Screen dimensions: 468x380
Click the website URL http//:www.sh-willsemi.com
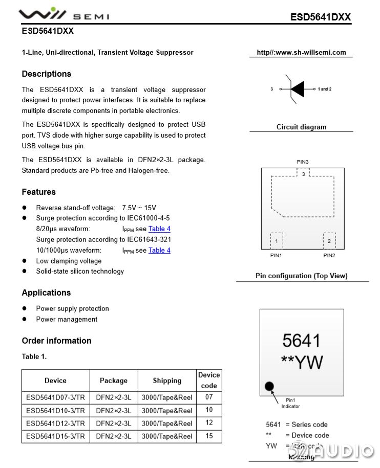click(x=301, y=52)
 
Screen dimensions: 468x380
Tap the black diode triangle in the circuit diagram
click(x=298, y=89)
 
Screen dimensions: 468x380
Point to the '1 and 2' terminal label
click(x=325, y=89)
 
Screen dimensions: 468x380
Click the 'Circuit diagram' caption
click(x=301, y=127)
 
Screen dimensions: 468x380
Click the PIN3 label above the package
click(x=303, y=162)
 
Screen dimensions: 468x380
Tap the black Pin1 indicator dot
click(x=269, y=386)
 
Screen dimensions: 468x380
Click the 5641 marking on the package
click(x=301, y=341)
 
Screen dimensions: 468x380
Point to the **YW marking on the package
click(x=302, y=362)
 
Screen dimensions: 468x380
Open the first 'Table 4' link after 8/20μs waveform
click(x=159, y=229)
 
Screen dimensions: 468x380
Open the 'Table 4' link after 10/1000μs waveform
click(x=159, y=250)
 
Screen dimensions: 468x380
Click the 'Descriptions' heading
click(x=47, y=74)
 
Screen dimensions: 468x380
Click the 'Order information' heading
click(x=56, y=341)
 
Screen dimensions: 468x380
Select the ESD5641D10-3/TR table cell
click(x=55, y=410)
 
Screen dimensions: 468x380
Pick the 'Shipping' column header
click(x=167, y=381)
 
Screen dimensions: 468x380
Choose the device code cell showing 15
click(x=209, y=436)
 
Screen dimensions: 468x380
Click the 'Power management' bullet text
click(x=67, y=319)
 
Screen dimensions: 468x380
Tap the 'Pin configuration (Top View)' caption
click(x=301, y=276)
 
